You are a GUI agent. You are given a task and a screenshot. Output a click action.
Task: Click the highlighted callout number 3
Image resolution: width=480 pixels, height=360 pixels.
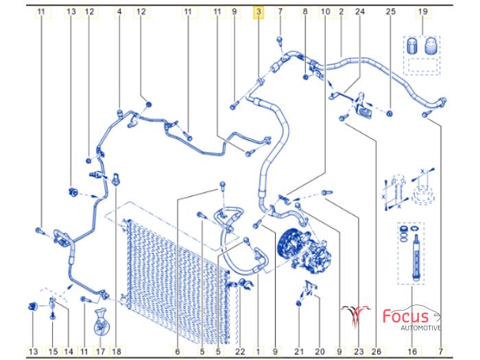click(258, 12)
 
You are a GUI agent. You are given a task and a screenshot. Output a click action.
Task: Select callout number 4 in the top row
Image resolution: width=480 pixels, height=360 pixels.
click(119, 12)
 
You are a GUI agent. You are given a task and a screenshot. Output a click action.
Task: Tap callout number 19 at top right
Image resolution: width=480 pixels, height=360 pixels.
click(423, 12)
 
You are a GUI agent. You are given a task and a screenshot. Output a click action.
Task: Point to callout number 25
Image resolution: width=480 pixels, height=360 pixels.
click(391, 12)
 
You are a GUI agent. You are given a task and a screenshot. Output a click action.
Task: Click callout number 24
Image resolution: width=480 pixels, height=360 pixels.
click(360, 12)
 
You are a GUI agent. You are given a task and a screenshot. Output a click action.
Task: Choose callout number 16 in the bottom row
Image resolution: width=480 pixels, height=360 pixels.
click(412, 352)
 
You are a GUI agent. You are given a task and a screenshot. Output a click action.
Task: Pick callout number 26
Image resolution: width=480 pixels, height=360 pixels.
click(376, 352)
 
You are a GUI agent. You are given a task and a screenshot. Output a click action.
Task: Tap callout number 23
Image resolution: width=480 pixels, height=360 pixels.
click(359, 352)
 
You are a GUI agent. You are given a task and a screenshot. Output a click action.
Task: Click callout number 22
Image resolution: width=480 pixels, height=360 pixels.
click(239, 352)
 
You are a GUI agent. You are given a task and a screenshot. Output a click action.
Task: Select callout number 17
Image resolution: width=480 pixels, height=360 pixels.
click(100, 352)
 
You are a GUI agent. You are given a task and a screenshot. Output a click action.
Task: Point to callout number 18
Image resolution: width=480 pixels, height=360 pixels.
click(116, 352)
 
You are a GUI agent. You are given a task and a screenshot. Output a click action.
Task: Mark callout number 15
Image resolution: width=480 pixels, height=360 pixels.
click(53, 352)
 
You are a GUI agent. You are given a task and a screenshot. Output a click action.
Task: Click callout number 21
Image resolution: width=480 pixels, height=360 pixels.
click(298, 352)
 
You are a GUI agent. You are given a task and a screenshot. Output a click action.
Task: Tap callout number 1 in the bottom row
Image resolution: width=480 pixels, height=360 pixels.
click(258, 352)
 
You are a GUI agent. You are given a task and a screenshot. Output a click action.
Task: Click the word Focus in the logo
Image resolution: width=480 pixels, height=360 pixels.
click(406, 317)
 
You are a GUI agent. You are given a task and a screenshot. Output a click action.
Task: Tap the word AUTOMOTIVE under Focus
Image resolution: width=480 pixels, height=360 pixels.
click(422, 328)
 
